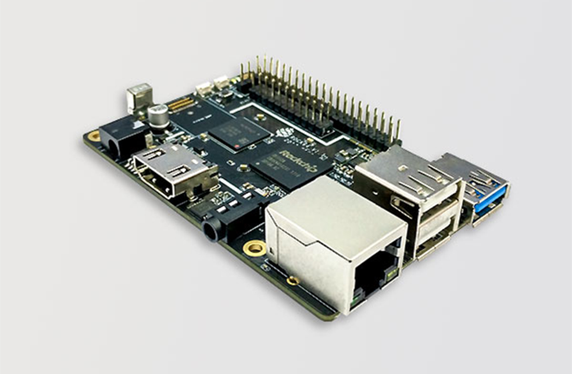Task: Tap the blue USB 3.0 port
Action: tap(489, 198)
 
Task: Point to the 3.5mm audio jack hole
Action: tap(210, 231)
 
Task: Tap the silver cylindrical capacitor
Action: tap(158, 116)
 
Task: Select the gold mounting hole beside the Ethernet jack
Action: tap(255, 249)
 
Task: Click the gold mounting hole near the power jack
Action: tap(94, 136)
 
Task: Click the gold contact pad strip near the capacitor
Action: tap(181, 105)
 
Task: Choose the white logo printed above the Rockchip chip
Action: tap(285, 133)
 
